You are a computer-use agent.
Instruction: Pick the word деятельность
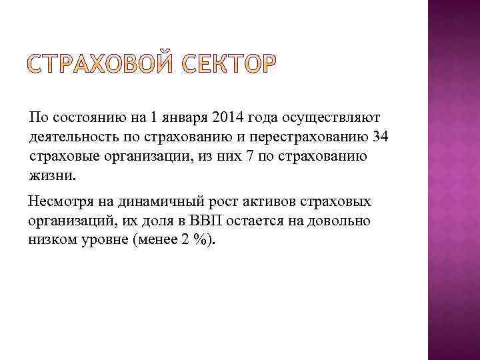75,137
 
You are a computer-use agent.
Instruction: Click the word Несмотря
59,202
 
